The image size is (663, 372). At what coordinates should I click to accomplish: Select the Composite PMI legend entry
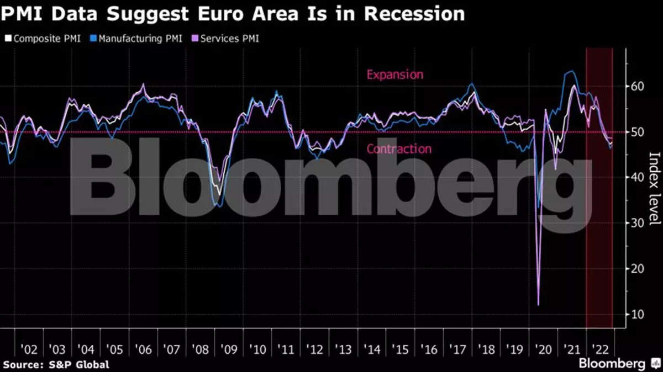point(43,39)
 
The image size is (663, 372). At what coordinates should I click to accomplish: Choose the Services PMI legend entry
point(225,39)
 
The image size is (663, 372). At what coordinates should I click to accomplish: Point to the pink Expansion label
point(395,75)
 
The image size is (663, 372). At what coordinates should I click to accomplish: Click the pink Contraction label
point(399,149)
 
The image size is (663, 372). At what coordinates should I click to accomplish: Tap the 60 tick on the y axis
point(638,86)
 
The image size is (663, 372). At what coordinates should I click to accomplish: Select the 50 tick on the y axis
point(638,132)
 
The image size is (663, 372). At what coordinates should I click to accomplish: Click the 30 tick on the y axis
point(638,223)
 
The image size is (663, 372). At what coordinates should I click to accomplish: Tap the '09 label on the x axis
point(228,350)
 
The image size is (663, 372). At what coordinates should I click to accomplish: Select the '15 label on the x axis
point(399,350)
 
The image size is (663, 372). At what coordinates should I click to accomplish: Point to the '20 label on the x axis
point(543,350)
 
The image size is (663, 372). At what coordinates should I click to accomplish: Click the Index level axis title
point(654,188)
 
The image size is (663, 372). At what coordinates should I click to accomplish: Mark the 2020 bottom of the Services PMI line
point(538,304)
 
